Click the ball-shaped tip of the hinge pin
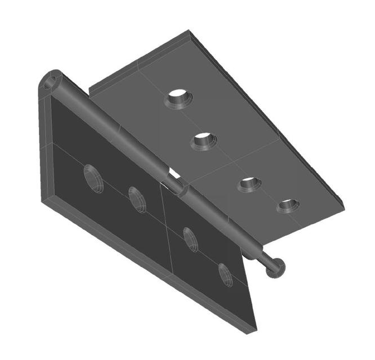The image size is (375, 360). click(x=276, y=268)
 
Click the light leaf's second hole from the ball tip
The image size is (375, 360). click(x=249, y=183)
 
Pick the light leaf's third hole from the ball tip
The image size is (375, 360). click(x=204, y=140)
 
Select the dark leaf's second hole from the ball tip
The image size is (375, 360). click(x=191, y=239)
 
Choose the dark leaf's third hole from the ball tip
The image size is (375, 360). click(x=137, y=199)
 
